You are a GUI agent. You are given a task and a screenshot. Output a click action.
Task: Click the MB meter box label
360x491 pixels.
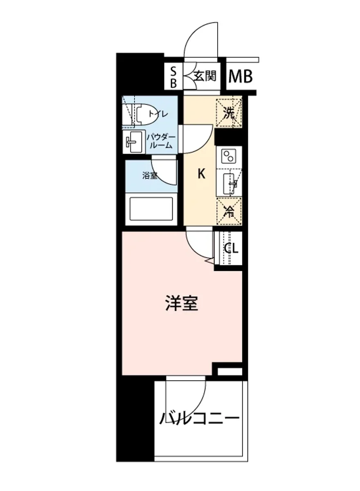[240, 76]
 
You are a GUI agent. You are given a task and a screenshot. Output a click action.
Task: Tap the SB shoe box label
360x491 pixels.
[173, 77]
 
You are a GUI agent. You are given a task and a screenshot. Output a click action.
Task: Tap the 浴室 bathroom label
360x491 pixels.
[150, 176]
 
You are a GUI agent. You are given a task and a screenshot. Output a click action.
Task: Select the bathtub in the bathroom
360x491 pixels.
[151, 209]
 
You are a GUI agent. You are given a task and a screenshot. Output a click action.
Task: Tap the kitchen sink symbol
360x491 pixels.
[229, 182]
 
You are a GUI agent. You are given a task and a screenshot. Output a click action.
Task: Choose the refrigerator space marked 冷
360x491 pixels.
[229, 211]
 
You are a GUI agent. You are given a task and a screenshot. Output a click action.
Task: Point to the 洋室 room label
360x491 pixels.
[182, 303]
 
